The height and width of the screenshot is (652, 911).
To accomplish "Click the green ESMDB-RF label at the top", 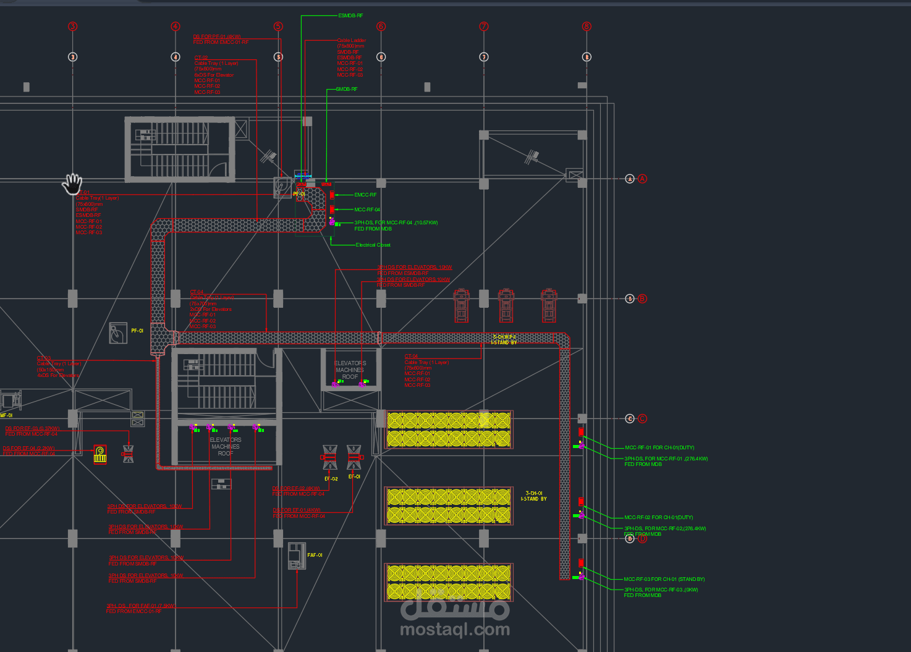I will click(350, 15).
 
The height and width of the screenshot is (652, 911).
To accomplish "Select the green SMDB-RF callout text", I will click(346, 89).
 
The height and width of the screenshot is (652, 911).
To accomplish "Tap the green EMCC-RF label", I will click(365, 195).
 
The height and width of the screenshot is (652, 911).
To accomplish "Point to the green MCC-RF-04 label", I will click(367, 210).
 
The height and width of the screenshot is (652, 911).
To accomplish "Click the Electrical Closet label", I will click(373, 245).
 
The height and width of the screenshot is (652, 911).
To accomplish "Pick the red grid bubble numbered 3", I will click(73, 27).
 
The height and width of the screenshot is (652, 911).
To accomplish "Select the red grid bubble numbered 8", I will click(587, 27).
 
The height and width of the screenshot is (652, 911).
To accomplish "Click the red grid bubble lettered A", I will click(643, 179).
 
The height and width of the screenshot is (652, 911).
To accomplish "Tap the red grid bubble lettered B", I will click(643, 298).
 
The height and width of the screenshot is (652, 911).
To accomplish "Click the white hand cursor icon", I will click(73, 184).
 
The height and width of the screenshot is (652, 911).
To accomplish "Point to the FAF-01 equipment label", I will click(315, 555).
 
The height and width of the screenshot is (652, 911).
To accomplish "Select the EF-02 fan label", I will click(331, 478).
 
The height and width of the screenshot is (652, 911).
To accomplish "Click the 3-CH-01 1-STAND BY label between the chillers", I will click(533, 496).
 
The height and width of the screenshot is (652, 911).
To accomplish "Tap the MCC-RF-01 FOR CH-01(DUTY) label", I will click(659, 447).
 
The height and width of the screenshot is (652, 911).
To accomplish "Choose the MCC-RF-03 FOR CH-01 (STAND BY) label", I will click(664, 579).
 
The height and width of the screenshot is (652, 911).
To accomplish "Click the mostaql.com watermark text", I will click(455, 629).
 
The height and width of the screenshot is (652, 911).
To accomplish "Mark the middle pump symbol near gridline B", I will click(506, 305).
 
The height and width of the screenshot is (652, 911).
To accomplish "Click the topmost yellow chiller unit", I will click(449, 430).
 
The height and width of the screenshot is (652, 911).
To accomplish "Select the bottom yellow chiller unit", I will click(449, 582).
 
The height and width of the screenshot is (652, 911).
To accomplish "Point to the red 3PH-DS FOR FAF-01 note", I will click(140, 608).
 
